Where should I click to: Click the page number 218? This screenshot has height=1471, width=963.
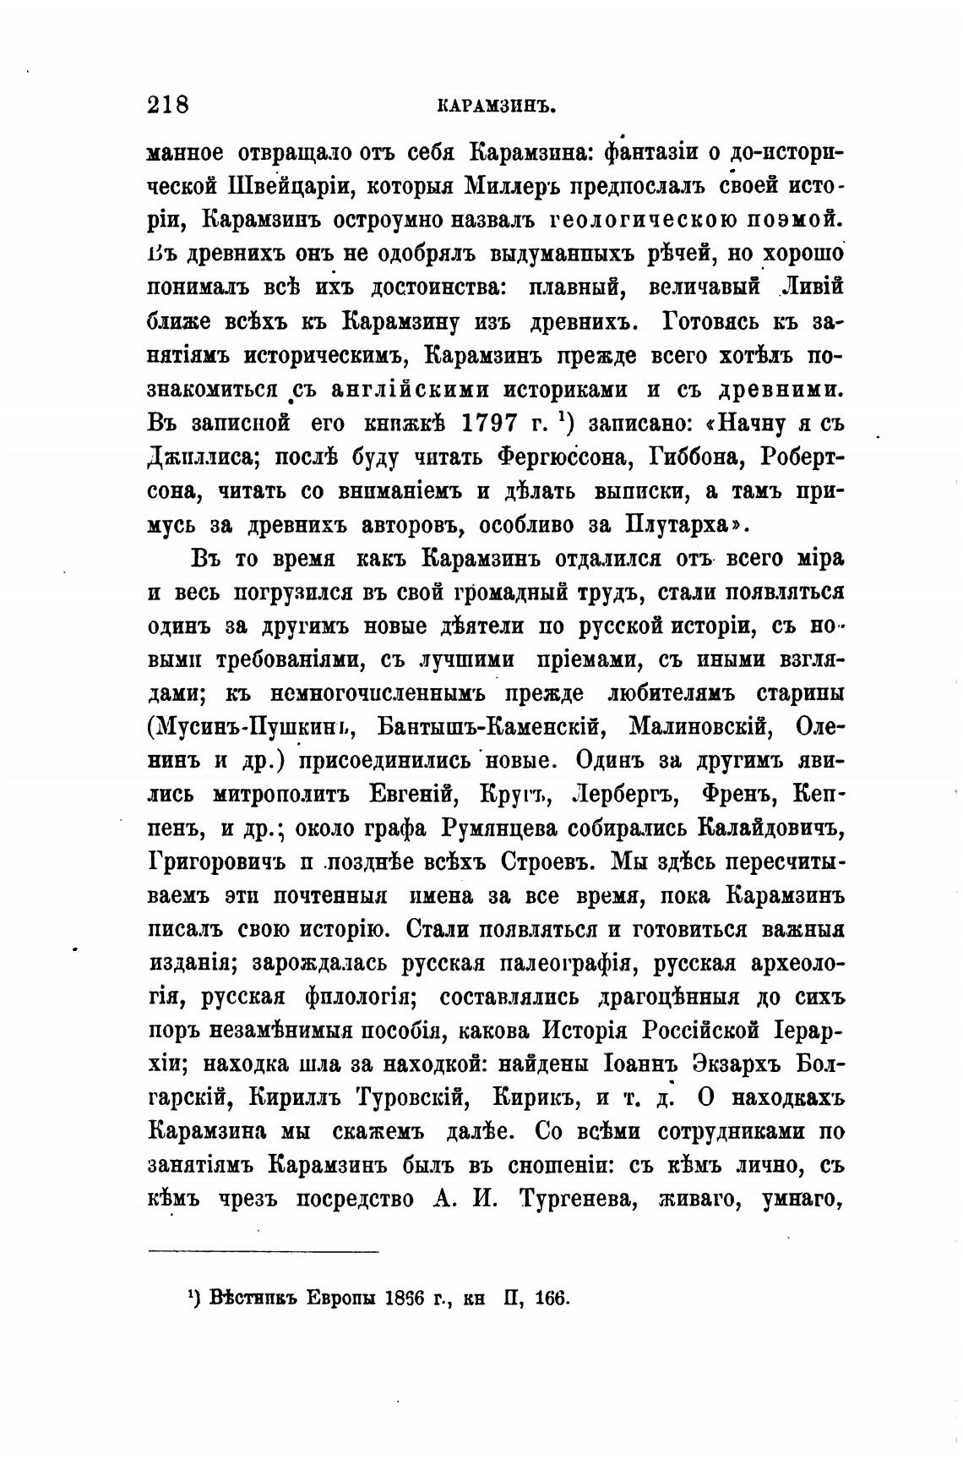[167, 105]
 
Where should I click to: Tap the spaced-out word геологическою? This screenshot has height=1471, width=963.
[645, 220]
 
